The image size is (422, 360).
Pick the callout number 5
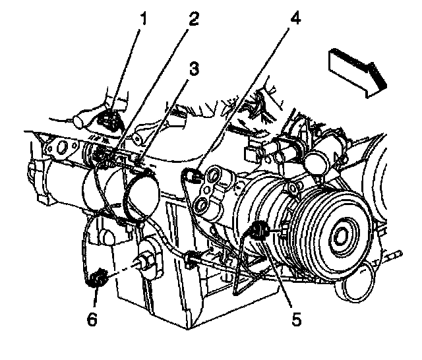tap(296, 320)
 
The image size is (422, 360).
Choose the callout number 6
tap(93, 320)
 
